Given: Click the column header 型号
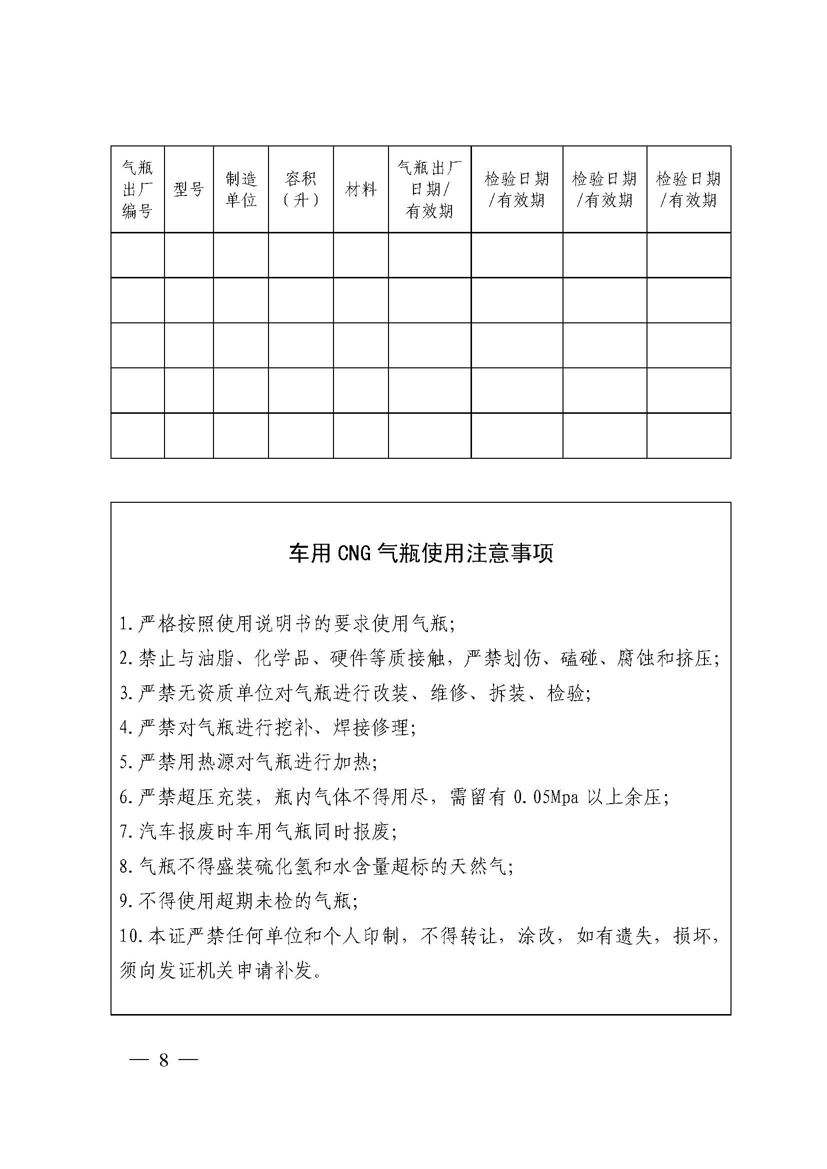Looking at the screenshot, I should click(188, 189).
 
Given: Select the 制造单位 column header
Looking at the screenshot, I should click(241, 189).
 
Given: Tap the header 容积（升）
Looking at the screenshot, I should click(300, 189).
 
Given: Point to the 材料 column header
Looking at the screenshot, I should click(360, 189).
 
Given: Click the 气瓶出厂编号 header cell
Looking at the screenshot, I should click(137, 189).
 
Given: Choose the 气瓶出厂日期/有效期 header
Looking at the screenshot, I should click(429, 189).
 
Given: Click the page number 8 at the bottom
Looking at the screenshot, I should click(163, 1060).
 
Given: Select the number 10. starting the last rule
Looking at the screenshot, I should click(132, 936).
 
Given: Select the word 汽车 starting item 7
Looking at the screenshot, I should click(158, 832).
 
